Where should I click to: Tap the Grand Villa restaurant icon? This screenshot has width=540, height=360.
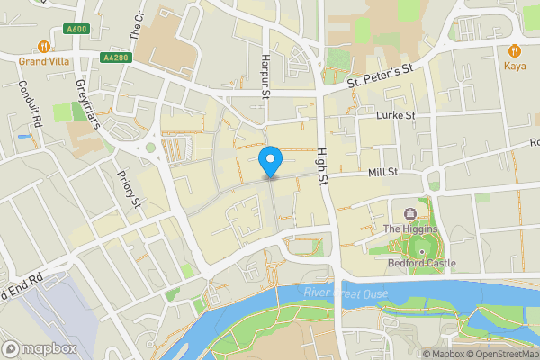pyautogui.click(x=43, y=47)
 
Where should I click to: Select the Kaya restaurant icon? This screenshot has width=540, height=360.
pyautogui.click(x=515, y=50)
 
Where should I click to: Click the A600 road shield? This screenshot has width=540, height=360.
pyautogui.click(x=76, y=30)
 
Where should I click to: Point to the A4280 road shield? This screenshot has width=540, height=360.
pyautogui.click(x=114, y=58)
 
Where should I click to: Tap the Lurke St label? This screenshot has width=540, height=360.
pyautogui.click(x=396, y=115)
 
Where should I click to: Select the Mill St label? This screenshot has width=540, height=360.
pyautogui.click(x=382, y=172)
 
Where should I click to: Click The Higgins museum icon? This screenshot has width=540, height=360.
pyautogui.click(x=410, y=213)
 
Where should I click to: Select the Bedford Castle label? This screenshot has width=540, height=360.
pyautogui.click(x=422, y=264)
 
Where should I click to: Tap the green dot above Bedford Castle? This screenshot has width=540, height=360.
pyautogui.click(x=422, y=249)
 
